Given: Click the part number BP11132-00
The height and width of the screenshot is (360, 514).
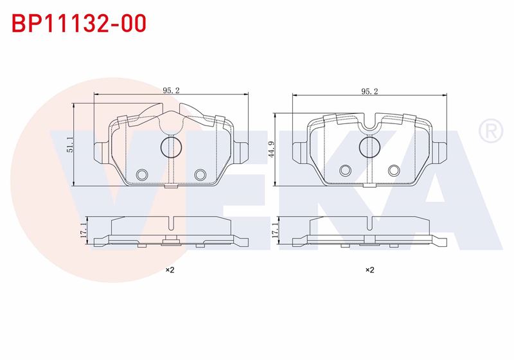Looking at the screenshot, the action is pos(79,23).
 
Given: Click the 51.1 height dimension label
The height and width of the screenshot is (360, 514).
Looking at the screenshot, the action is pos(69,145).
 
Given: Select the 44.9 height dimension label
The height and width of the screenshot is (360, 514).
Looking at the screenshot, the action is pos(270,150).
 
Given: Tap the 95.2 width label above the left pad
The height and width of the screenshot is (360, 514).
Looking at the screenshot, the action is pos(172,91).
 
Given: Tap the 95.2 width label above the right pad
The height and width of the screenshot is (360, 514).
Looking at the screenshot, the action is pos(370,91).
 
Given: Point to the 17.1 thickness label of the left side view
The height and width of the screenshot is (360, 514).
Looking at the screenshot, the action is pos(83,230).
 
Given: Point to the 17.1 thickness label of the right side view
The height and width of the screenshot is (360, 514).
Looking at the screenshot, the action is pos(275,230).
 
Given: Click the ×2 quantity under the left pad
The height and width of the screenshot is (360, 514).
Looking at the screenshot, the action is pos(170,270).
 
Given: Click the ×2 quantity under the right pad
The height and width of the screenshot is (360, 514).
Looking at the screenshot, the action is pos(370,270).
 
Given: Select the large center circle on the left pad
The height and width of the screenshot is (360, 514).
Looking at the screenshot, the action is pos(162,147).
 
